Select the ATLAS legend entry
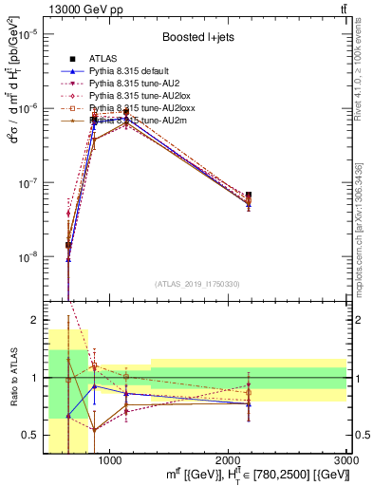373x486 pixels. (102, 60)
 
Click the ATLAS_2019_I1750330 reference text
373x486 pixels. (196, 283)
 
